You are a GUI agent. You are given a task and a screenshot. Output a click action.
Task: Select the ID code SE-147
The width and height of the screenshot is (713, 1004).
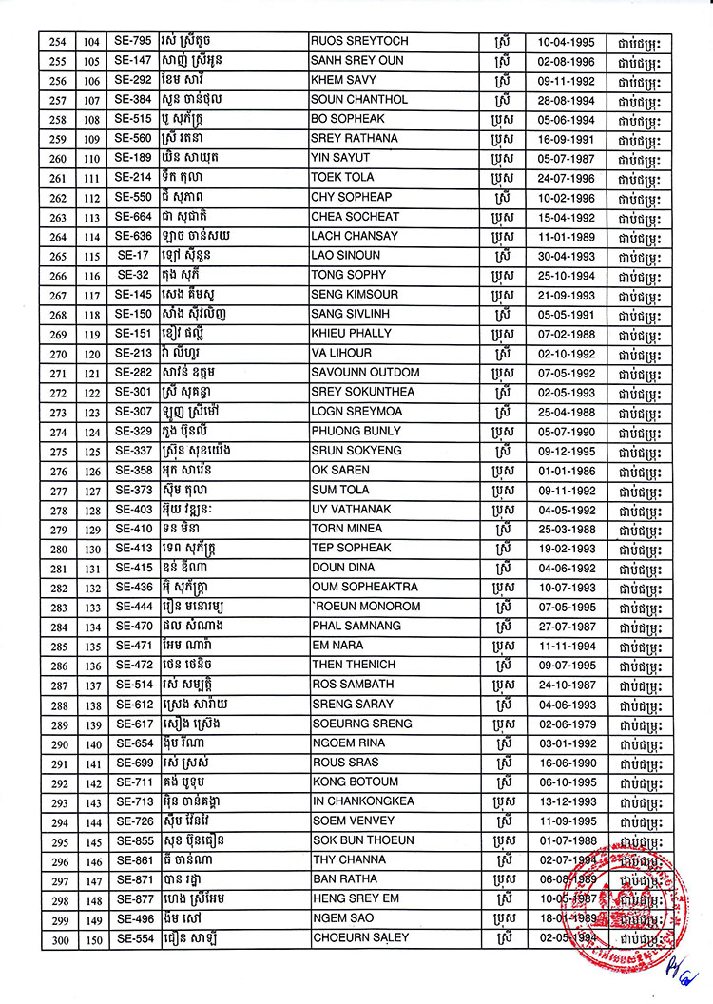(133, 61)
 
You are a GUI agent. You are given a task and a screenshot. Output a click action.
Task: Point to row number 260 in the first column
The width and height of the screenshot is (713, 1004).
(59, 159)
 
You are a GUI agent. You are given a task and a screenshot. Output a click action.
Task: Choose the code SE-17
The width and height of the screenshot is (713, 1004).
(133, 256)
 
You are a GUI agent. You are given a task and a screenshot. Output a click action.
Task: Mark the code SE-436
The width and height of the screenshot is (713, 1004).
(133, 588)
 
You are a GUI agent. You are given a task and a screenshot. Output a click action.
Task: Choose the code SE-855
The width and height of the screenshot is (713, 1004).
(133, 840)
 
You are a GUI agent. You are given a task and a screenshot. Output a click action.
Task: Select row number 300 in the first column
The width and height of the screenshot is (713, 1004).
(59, 938)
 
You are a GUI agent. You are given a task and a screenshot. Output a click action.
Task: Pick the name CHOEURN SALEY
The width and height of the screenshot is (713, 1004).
(360, 938)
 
